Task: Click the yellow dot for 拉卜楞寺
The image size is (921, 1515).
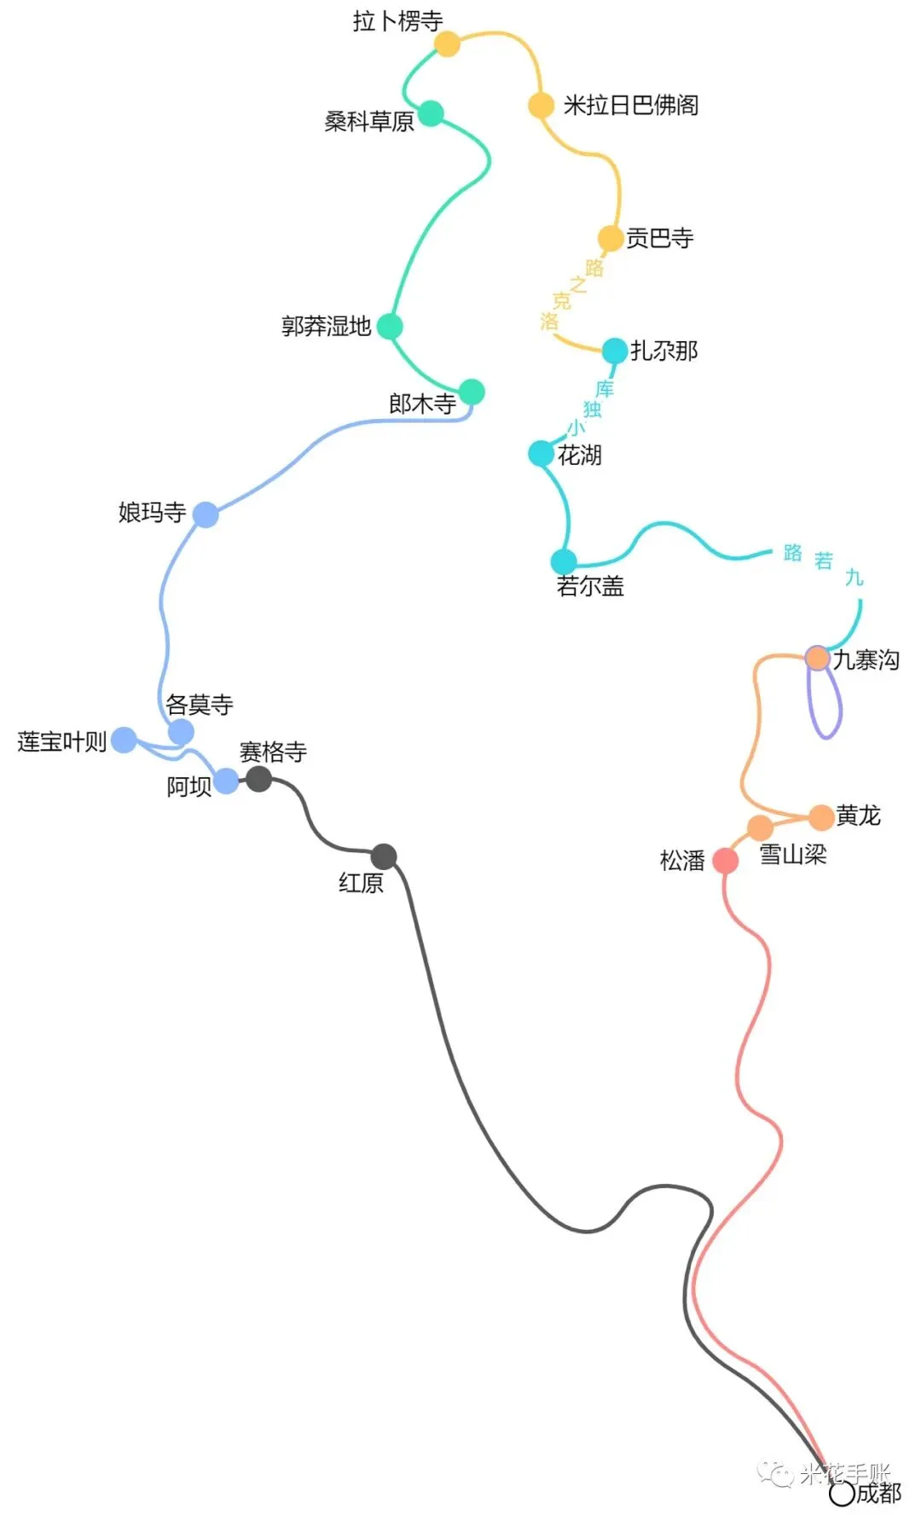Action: click(x=447, y=44)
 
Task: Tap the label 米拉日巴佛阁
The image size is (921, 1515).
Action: click(x=630, y=105)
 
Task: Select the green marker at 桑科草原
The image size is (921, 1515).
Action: click(x=431, y=113)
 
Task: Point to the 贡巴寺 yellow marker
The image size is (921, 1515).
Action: click(x=610, y=238)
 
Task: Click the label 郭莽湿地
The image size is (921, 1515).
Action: click(x=326, y=326)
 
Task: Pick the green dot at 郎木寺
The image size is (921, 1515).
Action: click(x=472, y=392)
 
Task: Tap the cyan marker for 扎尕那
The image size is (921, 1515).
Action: click(x=615, y=351)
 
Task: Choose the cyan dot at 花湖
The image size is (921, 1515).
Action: click(x=541, y=453)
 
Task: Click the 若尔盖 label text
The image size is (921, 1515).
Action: click(x=590, y=586)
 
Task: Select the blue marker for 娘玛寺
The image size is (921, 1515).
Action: click(x=206, y=514)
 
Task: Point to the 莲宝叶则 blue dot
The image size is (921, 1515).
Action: click(x=125, y=740)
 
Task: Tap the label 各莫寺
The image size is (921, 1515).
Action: click(x=199, y=705)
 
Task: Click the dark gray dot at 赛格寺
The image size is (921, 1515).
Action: click(x=258, y=778)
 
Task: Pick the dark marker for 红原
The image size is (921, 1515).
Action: click(x=384, y=856)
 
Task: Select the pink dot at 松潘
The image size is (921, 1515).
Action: click(x=725, y=861)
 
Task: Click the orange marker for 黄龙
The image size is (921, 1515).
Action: click(x=820, y=817)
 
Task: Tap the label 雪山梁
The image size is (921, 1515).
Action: click(x=793, y=854)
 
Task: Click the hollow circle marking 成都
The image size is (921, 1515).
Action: click(x=842, y=1494)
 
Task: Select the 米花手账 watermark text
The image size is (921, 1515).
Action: click(x=844, y=1473)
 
